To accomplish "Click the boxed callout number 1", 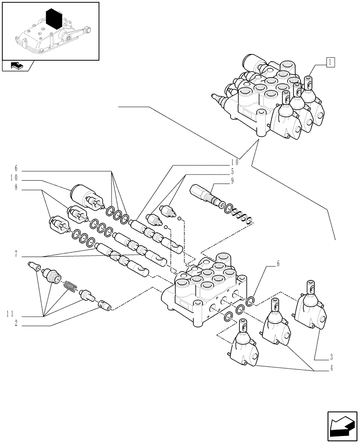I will [x=330, y=62].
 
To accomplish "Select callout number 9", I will [x=231, y=181].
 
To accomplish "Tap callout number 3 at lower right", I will [x=331, y=356].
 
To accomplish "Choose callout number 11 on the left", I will [x=12, y=315].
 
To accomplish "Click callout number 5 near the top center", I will [x=231, y=171].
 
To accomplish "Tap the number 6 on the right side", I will [x=278, y=263].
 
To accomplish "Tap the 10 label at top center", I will [x=234, y=162].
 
